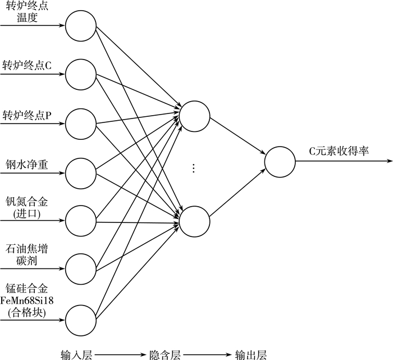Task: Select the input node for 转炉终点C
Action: coord(80,74)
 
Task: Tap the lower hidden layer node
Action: coord(194,220)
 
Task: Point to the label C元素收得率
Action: coord(339,151)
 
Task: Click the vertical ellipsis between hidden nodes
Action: coord(194,168)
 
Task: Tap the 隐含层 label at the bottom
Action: coord(164,354)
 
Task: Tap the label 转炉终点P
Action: coord(27,115)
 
